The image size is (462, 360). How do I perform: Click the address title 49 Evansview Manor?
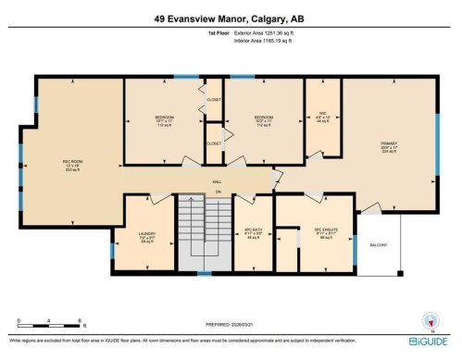231,18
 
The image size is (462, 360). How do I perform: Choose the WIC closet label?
320,116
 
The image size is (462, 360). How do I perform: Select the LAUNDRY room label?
146,233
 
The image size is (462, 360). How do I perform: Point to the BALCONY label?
380,244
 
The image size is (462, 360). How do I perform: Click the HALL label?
217,182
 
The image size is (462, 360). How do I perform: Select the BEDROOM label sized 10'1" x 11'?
165,118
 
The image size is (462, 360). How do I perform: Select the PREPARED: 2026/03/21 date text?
231,326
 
